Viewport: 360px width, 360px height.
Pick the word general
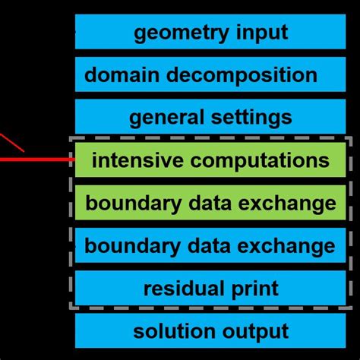coord(166,118)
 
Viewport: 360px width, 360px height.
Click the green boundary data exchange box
coord(210,203)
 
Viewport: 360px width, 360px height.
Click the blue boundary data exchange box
coord(210,246)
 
